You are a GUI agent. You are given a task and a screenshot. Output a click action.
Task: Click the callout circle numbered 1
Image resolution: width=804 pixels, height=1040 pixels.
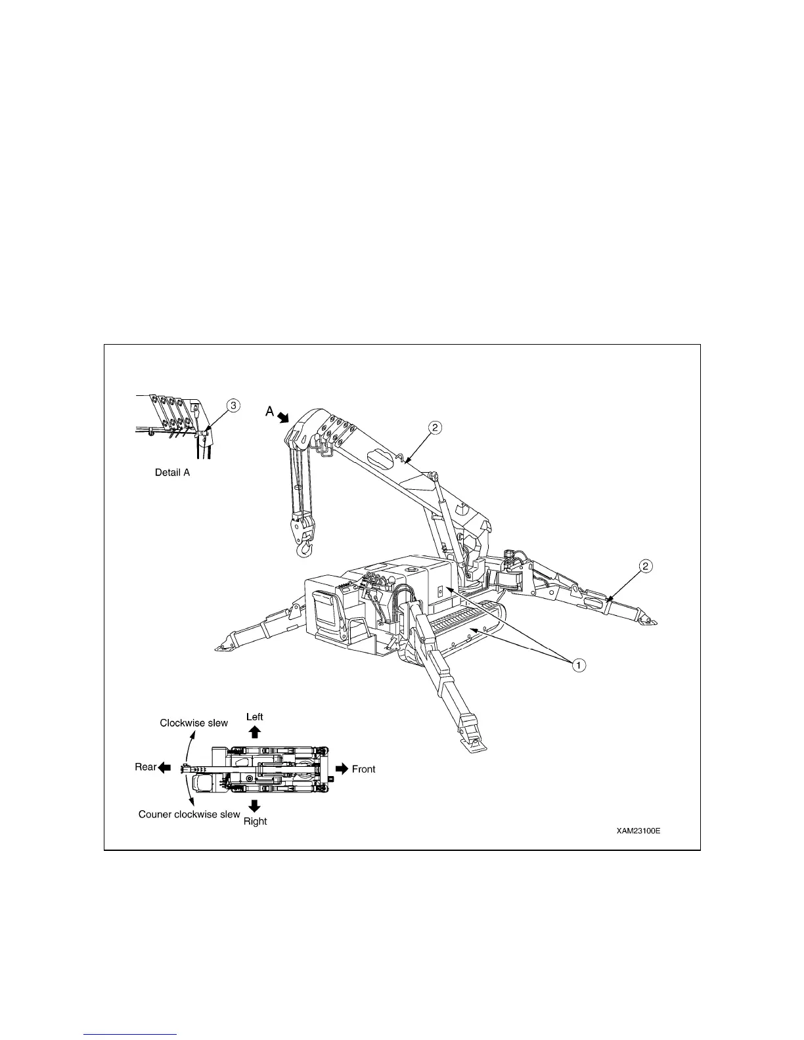click(577, 665)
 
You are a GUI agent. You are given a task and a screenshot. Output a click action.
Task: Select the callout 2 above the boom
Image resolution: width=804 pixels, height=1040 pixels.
click(435, 427)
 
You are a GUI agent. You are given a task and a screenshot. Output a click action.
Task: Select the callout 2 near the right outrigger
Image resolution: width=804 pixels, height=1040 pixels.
click(646, 565)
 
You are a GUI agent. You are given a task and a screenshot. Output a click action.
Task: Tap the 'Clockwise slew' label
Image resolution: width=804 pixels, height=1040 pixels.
click(194, 723)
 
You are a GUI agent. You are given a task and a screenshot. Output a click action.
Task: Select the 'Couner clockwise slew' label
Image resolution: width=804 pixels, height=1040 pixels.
click(189, 814)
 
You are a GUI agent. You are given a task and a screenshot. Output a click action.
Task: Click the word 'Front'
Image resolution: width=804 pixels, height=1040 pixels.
click(363, 769)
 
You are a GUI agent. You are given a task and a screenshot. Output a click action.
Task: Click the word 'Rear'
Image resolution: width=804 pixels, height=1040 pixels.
click(145, 767)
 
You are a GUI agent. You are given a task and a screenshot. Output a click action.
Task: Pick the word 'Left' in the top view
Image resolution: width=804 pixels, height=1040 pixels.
click(254, 716)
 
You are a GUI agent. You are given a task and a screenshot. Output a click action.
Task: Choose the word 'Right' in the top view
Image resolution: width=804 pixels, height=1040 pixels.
click(255, 821)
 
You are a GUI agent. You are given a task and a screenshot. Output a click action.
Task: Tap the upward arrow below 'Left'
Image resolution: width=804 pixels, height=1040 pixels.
click(255, 732)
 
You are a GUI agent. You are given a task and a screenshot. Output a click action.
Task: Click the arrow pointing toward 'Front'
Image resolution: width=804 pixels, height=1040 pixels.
click(342, 769)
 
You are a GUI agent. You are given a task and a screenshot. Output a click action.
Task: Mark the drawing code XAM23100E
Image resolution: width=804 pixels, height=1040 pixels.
click(638, 831)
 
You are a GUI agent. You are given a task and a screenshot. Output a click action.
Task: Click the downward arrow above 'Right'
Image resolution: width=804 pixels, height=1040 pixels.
click(255, 806)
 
